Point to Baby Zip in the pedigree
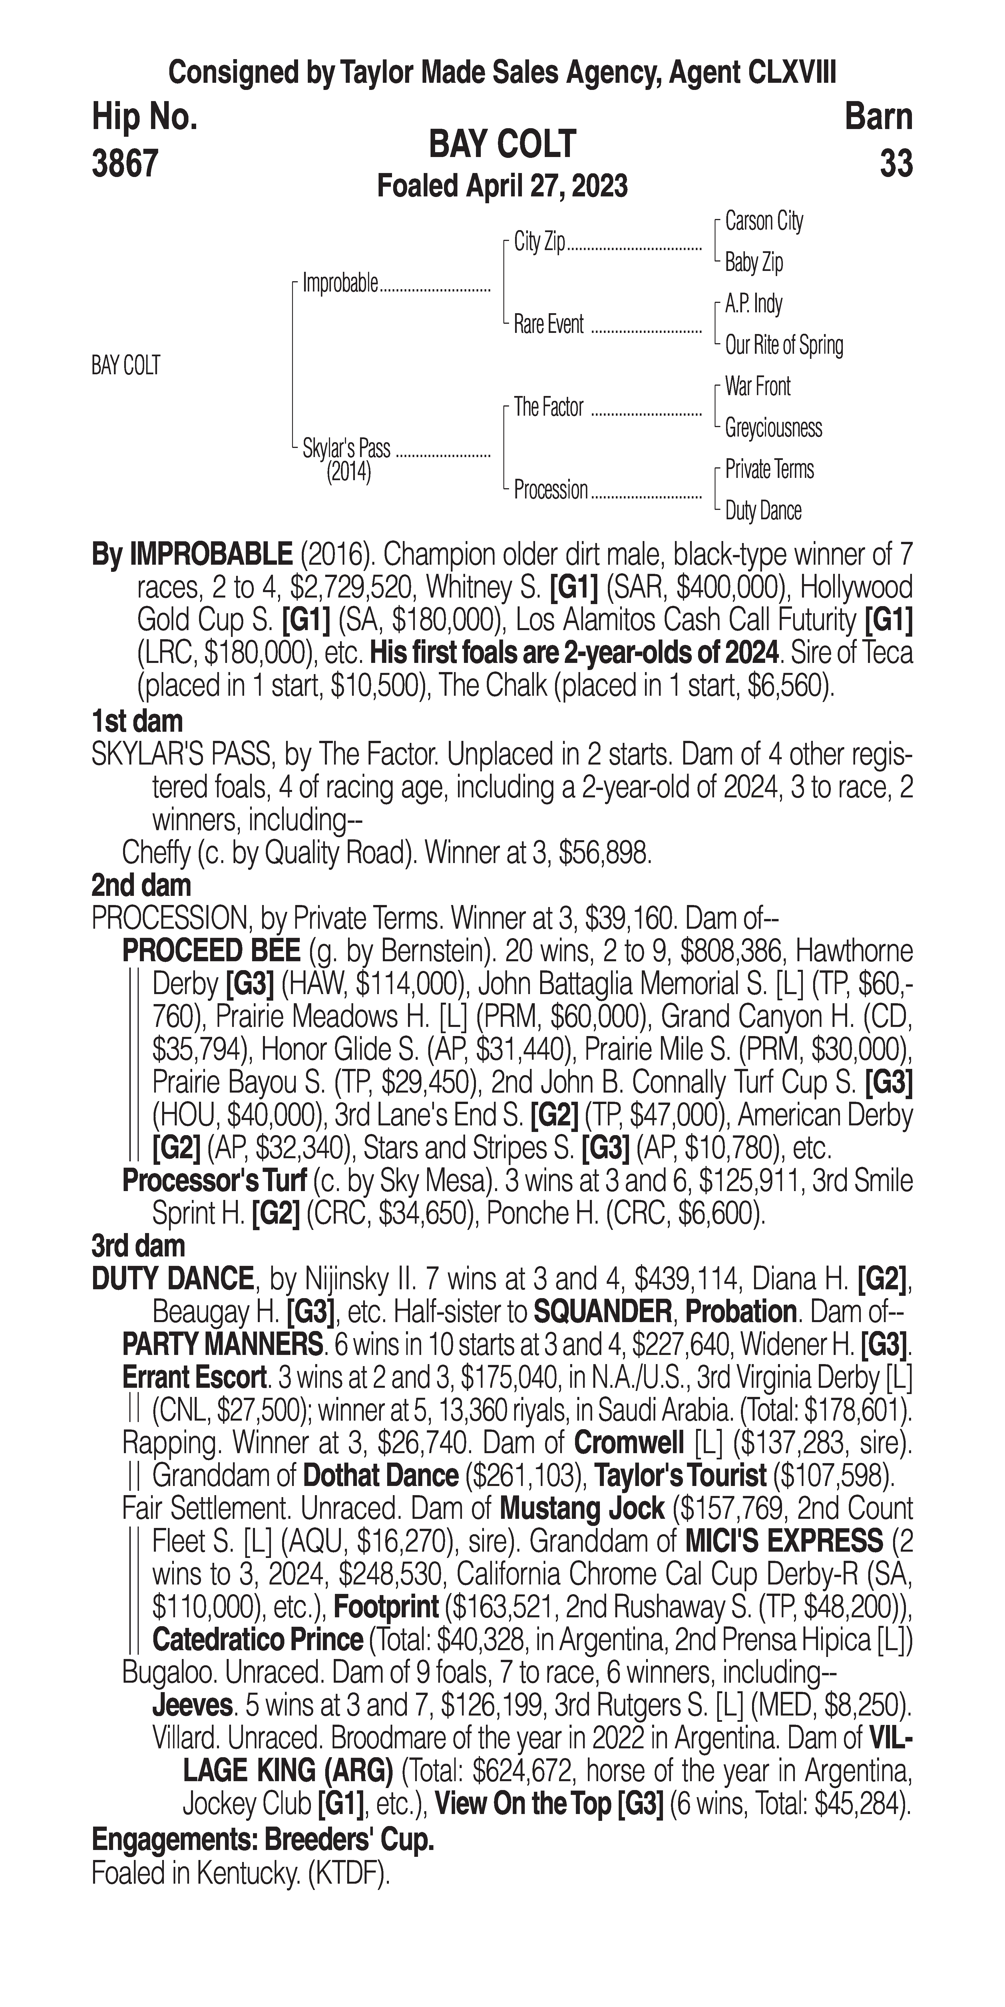pos(753,263)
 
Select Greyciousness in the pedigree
pos(773,428)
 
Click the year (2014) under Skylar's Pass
pos(348,472)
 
